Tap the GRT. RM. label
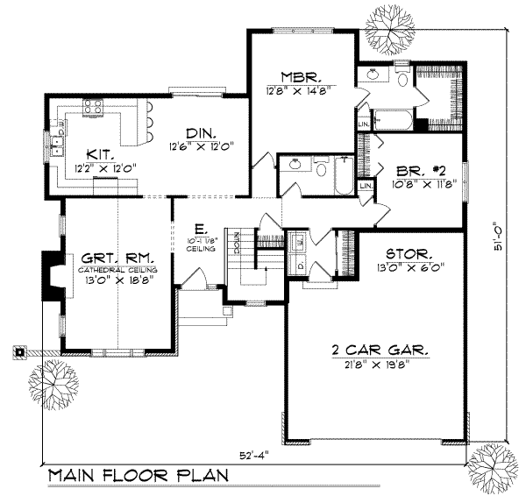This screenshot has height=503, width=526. point(118,259)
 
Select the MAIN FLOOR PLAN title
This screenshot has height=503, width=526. point(138,476)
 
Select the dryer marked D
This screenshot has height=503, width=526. point(298,264)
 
